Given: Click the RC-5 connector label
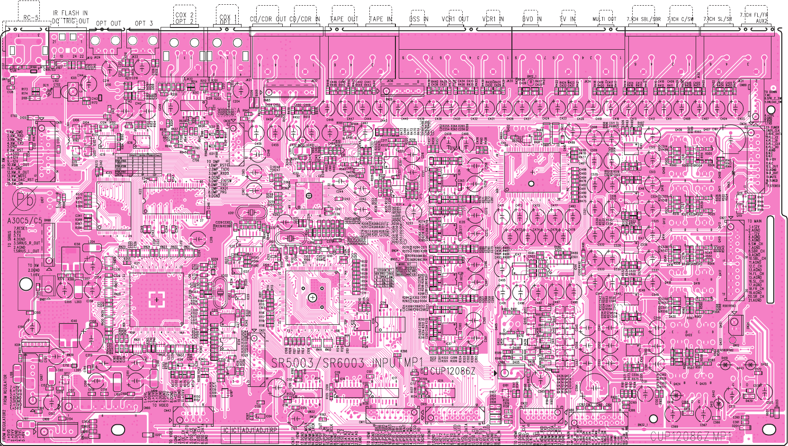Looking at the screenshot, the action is point(31,18).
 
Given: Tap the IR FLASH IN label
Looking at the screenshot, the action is point(70,13).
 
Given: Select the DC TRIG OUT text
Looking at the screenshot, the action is point(70,21).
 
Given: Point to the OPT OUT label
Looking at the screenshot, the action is point(108,23).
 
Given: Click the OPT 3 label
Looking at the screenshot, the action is point(143,23).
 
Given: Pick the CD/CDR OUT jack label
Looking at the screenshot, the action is point(268,19).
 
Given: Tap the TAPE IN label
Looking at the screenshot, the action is point(381,19).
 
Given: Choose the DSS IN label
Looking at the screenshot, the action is point(419,19).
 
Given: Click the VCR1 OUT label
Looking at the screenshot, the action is point(455,19).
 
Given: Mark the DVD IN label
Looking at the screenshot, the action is point(531,19).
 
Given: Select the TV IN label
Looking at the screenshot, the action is point(567,19).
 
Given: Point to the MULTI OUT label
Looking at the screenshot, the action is point(604,19).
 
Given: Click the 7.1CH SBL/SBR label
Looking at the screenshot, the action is point(644,19).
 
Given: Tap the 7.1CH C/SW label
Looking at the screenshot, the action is point(680,19).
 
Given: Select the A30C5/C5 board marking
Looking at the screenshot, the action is point(25,221).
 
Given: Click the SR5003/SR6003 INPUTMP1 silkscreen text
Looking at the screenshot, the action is point(347,364).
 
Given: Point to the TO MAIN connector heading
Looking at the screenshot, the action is point(754,221).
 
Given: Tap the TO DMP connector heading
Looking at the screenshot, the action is point(213,162).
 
